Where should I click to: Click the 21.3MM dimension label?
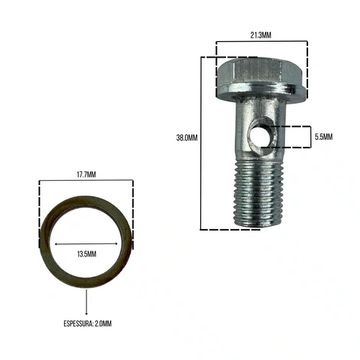[x=261, y=35]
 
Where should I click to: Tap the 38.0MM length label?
[x=186, y=138]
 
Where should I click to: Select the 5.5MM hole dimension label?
[x=324, y=137]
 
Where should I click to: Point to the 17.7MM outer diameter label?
[x=86, y=174]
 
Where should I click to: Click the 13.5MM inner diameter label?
[x=86, y=254]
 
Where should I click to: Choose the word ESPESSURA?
[x=78, y=323]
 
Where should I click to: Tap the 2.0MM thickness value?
[x=103, y=323]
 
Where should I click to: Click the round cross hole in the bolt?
[x=258, y=135]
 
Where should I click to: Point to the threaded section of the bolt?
[x=259, y=194]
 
